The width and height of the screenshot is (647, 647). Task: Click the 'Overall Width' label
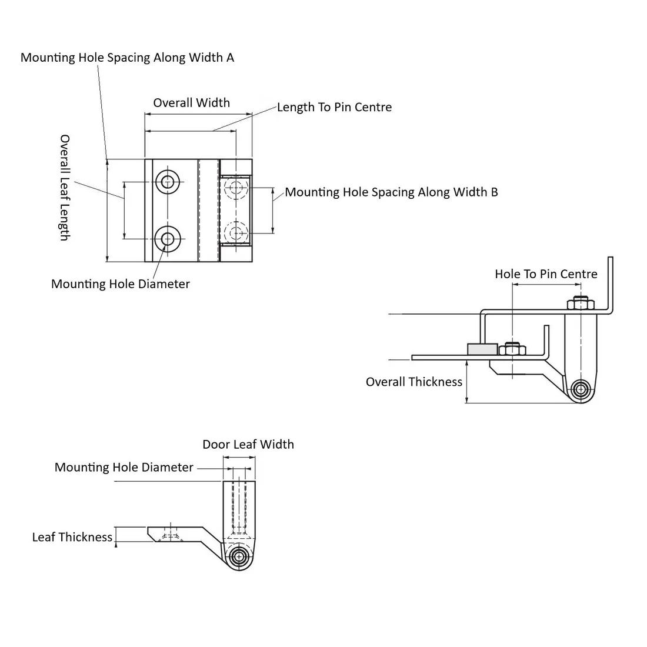[192, 103]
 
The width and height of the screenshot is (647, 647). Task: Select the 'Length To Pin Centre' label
[334, 107]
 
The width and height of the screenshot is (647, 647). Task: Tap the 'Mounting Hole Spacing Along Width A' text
[127, 58]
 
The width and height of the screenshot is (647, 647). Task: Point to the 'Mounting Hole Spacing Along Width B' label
[391, 192]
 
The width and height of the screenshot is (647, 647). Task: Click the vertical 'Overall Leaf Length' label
[65, 188]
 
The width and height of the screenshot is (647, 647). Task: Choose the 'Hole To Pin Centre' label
[546, 274]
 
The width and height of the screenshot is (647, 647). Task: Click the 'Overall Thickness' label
[414, 382]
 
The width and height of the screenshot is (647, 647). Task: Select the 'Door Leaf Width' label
[248, 445]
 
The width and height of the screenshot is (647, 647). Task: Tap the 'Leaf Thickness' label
[72, 537]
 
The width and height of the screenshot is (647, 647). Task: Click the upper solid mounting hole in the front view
[168, 182]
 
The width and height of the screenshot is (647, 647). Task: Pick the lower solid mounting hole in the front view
[168, 238]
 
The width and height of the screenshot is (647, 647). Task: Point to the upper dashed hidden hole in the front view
[236, 188]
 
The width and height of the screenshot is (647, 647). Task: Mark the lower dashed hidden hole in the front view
[236, 232]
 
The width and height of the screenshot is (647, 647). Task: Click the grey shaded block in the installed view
[482, 349]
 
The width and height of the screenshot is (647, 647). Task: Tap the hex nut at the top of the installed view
[581, 303]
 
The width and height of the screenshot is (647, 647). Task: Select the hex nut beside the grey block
[512, 349]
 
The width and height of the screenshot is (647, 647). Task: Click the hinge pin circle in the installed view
[581, 389]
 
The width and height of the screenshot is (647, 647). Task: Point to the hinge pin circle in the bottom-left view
[239, 556]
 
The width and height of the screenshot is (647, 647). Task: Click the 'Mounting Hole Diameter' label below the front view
[121, 284]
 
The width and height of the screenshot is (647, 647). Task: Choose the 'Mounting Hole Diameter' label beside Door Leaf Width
[124, 468]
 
